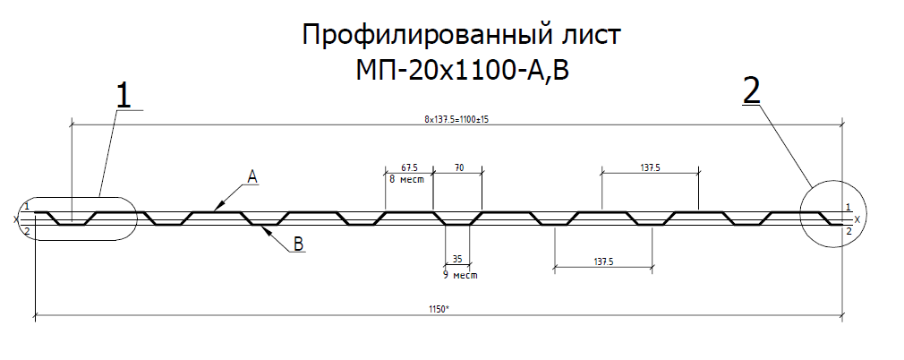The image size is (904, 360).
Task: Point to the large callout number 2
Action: pyautogui.click(x=751, y=91)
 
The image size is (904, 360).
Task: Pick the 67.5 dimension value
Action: pyautogui.click(x=409, y=167)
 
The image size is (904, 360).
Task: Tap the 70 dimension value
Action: pyautogui.click(x=458, y=167)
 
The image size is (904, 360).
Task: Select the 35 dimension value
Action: pyautogui.click(x=457, y=259)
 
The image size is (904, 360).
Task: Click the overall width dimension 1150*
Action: pyautogui.click(x=439, y=310)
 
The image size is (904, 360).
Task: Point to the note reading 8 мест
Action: pyautogui.click(x=406, y=179)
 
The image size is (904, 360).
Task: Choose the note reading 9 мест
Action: pyautogui.click(x=460, y=275)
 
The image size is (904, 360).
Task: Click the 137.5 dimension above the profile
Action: pyautogui.click(x=650, y=167)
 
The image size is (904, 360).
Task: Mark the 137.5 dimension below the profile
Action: pyautogui.click(x=602, y=261)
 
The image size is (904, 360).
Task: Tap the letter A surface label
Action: pyautogui.click(x=252, y=176)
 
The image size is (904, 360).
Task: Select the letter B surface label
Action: pyautogui.click(x=299, y=244)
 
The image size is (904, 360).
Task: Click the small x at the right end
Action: pyautogui.click(x=857, y=219)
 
